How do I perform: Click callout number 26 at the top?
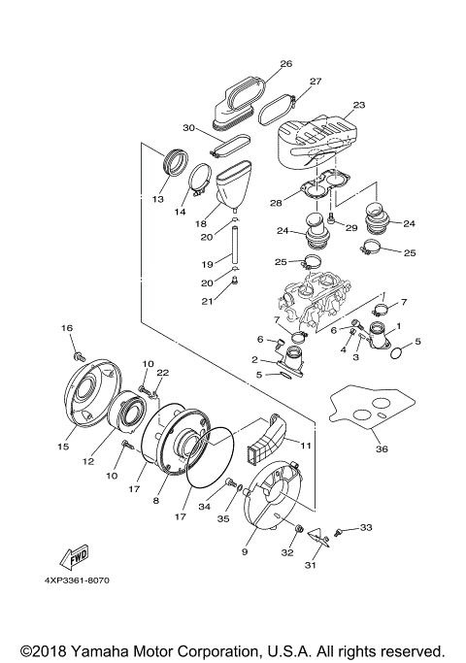(x=285, y=64)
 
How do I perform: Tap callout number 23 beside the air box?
(x=358, y=105)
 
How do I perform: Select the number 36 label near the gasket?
(x=381, y=448)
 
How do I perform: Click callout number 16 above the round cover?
(x=68, y=329)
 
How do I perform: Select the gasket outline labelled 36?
(x=368, y=412)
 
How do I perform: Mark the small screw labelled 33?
(x=340, y=532)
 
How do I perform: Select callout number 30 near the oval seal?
(x=188, y=128)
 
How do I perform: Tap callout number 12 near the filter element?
(x=89, y=462)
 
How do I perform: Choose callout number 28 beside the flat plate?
(x=276, y=202)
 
